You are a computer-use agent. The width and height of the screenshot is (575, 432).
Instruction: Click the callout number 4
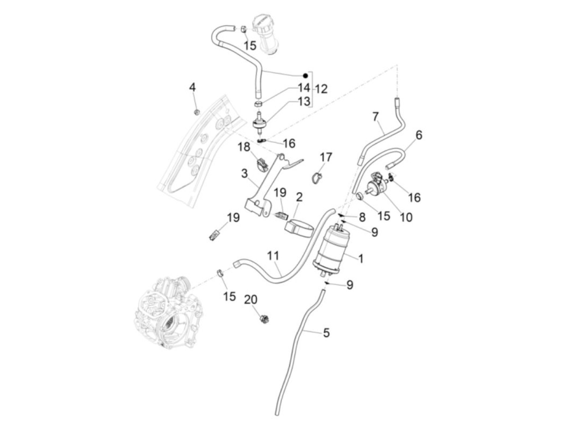(x=193, y=87)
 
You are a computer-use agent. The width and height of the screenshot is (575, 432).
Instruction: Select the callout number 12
(x=321, y=89)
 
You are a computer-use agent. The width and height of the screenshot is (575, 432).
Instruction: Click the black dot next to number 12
(x=305, y=76)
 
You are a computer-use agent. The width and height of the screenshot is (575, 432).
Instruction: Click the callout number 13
(x=304, y=101)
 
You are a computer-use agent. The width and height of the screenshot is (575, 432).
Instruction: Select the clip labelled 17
(x=315, y=178)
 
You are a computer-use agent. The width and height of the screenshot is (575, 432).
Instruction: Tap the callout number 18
(x=245, y=147)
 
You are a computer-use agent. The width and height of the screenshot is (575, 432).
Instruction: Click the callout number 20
(x=251, y=299)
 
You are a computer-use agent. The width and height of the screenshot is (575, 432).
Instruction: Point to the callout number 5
(x=326, y=332)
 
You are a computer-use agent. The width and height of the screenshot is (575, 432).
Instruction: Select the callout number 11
(x=273, y=256)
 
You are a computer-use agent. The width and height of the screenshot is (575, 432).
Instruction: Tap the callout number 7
(x=375, y=117)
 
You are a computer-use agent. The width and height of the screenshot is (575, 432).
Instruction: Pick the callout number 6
(x=419, y=135)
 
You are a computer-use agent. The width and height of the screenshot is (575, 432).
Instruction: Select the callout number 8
(x=361, y=217)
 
